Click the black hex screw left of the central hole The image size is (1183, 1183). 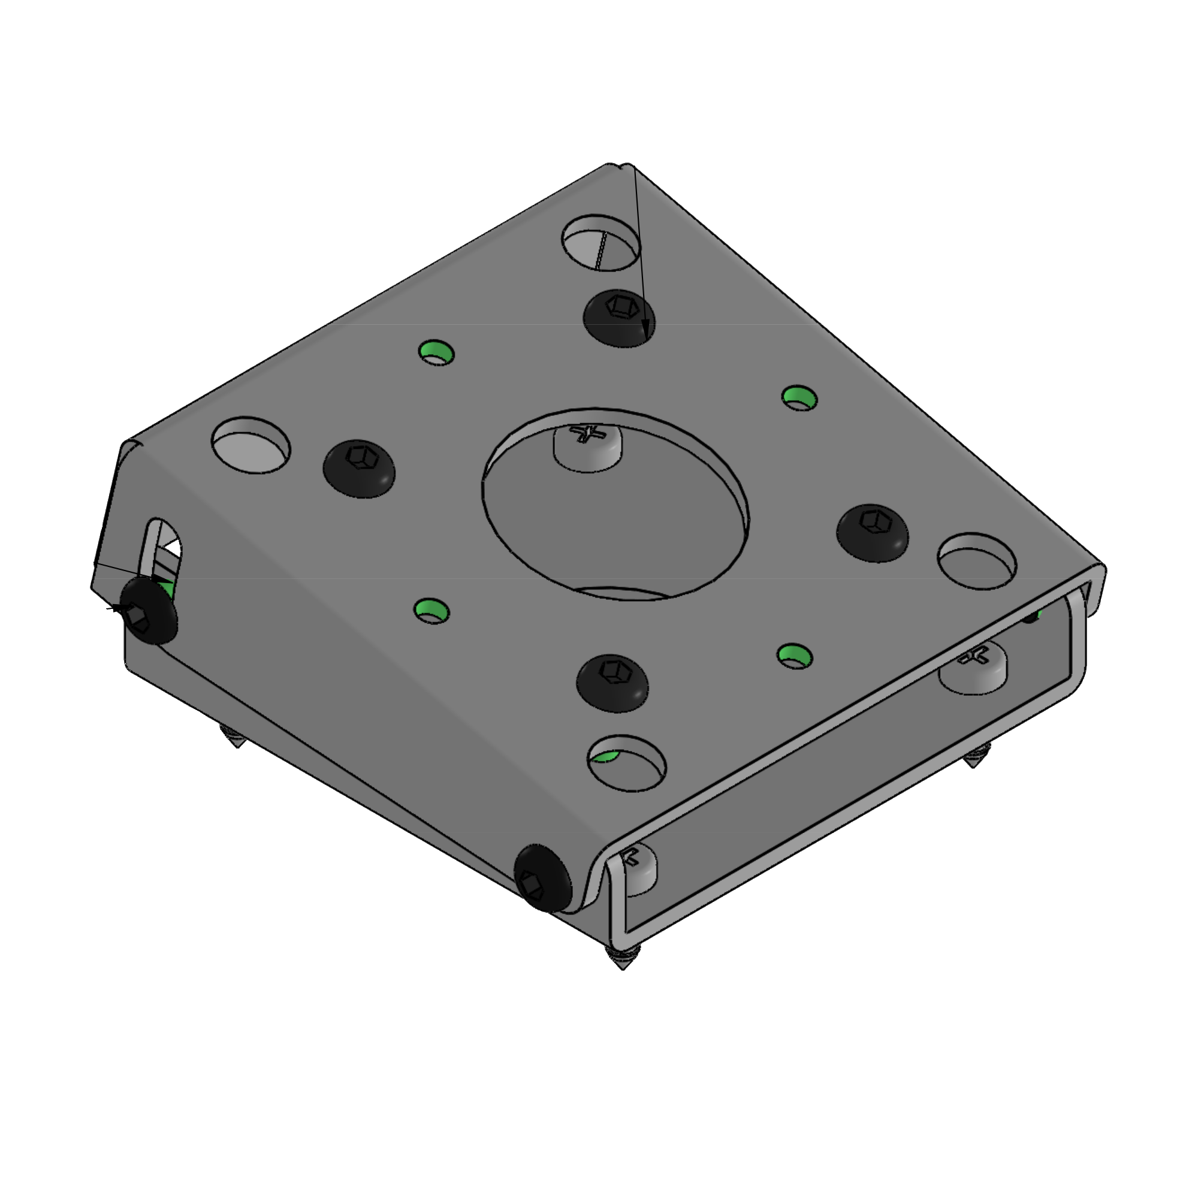click(359, 468)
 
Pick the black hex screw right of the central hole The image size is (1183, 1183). click(873, 532)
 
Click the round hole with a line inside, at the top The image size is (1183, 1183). click(600, 243)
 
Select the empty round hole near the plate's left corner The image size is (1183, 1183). click(251, 445)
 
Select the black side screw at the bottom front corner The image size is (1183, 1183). click(542, 878)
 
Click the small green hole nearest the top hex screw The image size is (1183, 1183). click(436, 353)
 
